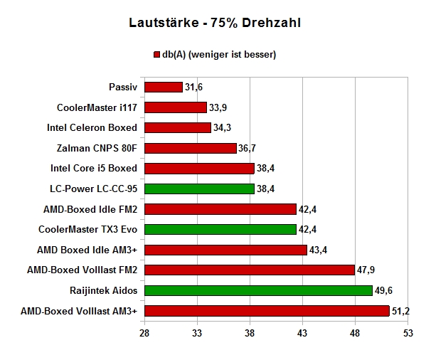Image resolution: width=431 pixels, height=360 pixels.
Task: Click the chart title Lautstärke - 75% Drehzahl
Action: click(215, 23)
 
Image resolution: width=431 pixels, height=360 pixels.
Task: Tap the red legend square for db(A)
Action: click(156, 55)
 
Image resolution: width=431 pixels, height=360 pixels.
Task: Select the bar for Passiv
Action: click(164, 88)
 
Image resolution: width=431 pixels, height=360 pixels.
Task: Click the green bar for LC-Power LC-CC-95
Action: click(200, 189)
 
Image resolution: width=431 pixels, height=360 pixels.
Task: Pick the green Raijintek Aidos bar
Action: click(258, 290)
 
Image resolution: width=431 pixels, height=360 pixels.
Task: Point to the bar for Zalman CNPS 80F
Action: click(191, 148)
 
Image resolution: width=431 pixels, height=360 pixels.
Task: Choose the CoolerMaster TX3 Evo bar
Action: click(220, 229)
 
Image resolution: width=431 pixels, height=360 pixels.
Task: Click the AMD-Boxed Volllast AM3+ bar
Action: click(267, 311)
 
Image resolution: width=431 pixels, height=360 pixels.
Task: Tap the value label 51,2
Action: click(400, 311)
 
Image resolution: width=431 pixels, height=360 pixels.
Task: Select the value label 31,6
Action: click(193, 88)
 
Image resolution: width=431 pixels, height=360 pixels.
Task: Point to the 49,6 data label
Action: click(383, 290)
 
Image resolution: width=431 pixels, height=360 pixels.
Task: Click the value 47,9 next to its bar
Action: click(366, 270)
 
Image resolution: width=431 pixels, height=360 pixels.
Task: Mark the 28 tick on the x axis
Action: click(144, 334)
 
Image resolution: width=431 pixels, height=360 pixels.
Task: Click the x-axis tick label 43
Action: click(302, 334)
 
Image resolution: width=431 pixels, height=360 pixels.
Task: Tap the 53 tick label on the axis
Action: click(408, 334)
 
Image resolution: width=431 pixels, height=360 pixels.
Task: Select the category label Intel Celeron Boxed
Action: click(92, 127)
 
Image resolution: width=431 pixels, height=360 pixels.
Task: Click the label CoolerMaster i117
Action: click(97, 107)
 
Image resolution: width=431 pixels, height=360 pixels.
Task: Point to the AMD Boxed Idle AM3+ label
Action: click(87, 250)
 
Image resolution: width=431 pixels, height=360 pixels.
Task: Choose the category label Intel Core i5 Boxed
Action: click(94, 168)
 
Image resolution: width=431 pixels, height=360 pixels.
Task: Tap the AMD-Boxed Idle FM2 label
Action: click(90, 209)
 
